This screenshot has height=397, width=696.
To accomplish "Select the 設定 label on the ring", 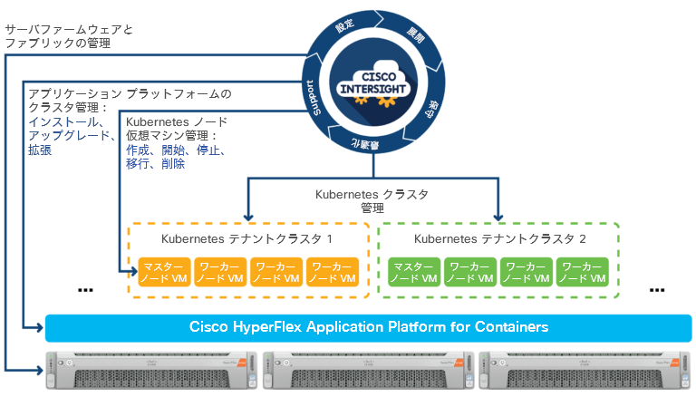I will coord(345,27).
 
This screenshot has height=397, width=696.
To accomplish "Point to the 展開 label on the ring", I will coord(414,36).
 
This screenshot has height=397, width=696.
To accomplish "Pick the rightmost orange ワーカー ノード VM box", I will coord(332,272).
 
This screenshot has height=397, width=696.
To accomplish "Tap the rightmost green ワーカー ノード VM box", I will coord(583,272).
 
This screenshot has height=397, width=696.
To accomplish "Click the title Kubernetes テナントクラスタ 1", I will coord(246,239).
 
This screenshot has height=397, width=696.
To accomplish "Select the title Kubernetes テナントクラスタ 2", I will coord(499,239).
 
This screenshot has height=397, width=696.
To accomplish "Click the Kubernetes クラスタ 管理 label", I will coord(372,200).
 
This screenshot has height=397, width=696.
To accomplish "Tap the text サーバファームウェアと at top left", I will coord(69,30).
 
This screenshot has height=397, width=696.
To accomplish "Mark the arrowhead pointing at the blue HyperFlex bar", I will coord(39,326).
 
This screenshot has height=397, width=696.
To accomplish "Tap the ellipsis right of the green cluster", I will coord(659,289).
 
